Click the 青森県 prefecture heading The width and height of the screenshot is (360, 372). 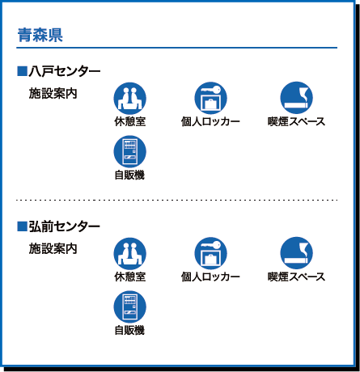coord(40,35)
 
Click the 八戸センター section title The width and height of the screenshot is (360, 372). coord(65,72)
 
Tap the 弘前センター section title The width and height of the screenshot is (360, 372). coord(65,226)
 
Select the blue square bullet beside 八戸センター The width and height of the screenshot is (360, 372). coord(22,71)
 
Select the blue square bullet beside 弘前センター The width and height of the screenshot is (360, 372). coord(22,226)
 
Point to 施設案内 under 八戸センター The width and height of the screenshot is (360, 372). coord(53,94)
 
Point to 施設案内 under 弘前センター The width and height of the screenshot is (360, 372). coord(53,248)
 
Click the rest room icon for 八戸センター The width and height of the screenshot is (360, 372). coord(130,99)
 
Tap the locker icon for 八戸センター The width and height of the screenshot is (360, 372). coord(210,99)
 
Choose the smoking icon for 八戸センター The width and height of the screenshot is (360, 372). coord(297,98)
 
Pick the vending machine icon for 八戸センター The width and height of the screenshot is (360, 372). coord(130,151)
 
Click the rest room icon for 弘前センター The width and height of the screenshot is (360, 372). coord(130,253)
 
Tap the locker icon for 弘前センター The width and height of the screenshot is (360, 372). coord(210,253)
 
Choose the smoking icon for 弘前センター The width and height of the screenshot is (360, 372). coord(297,253)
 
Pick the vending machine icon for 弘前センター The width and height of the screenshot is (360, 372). coord(130,306)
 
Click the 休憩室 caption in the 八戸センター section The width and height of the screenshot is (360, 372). coord(130,121)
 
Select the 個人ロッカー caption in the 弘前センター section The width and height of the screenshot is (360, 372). coord(210,277)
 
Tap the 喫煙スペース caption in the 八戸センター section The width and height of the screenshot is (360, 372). coord(296,121)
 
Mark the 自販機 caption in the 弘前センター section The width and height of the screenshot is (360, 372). coord(129,331)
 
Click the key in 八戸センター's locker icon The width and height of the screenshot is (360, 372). coord(210,90)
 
